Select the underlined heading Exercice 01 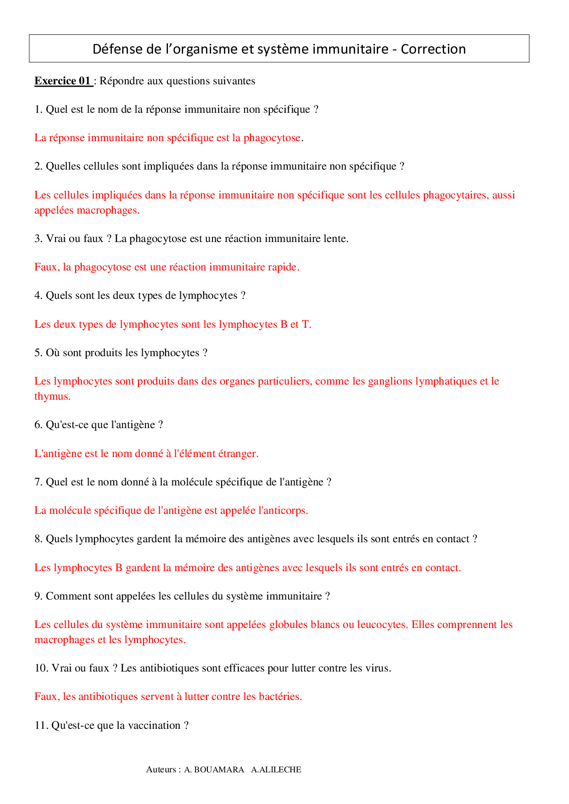coord(63,81)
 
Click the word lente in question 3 coord(335,239)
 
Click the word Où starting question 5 coord(53,353)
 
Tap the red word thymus coord(52,396)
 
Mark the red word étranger coord(238,454)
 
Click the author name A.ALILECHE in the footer coord(276,770)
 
